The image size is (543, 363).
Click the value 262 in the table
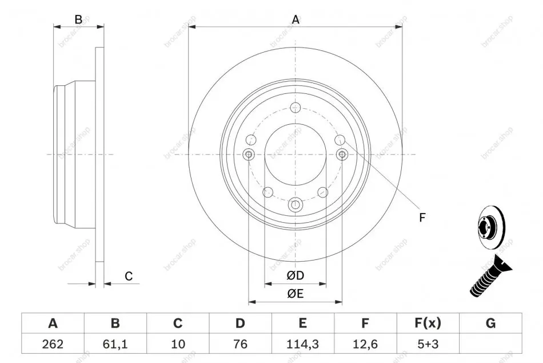pos(53,344)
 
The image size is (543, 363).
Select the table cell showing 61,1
pos(115,344)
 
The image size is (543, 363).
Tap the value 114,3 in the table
pos(302,344)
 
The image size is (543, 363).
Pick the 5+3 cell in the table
pos(428,344)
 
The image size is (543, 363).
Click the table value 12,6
pos(365,344)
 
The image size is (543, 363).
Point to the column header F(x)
pos(428,323)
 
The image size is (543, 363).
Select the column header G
pos(491,323)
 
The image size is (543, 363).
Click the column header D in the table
pos(240,323)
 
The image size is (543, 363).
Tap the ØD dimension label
pos(296,275)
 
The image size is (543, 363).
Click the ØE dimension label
pos(296,294)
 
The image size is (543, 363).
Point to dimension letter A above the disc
pos(296,20)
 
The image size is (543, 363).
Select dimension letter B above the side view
pos(79,19)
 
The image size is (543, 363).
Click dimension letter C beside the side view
pos(129,276)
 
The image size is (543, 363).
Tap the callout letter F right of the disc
pos(422,218)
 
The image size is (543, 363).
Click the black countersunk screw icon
pos(491,276)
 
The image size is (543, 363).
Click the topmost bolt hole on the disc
pos(296,107)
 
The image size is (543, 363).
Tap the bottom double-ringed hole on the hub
pos(296,205)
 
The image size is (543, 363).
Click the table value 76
pos(240,344)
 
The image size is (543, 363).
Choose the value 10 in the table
pos(178,344)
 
